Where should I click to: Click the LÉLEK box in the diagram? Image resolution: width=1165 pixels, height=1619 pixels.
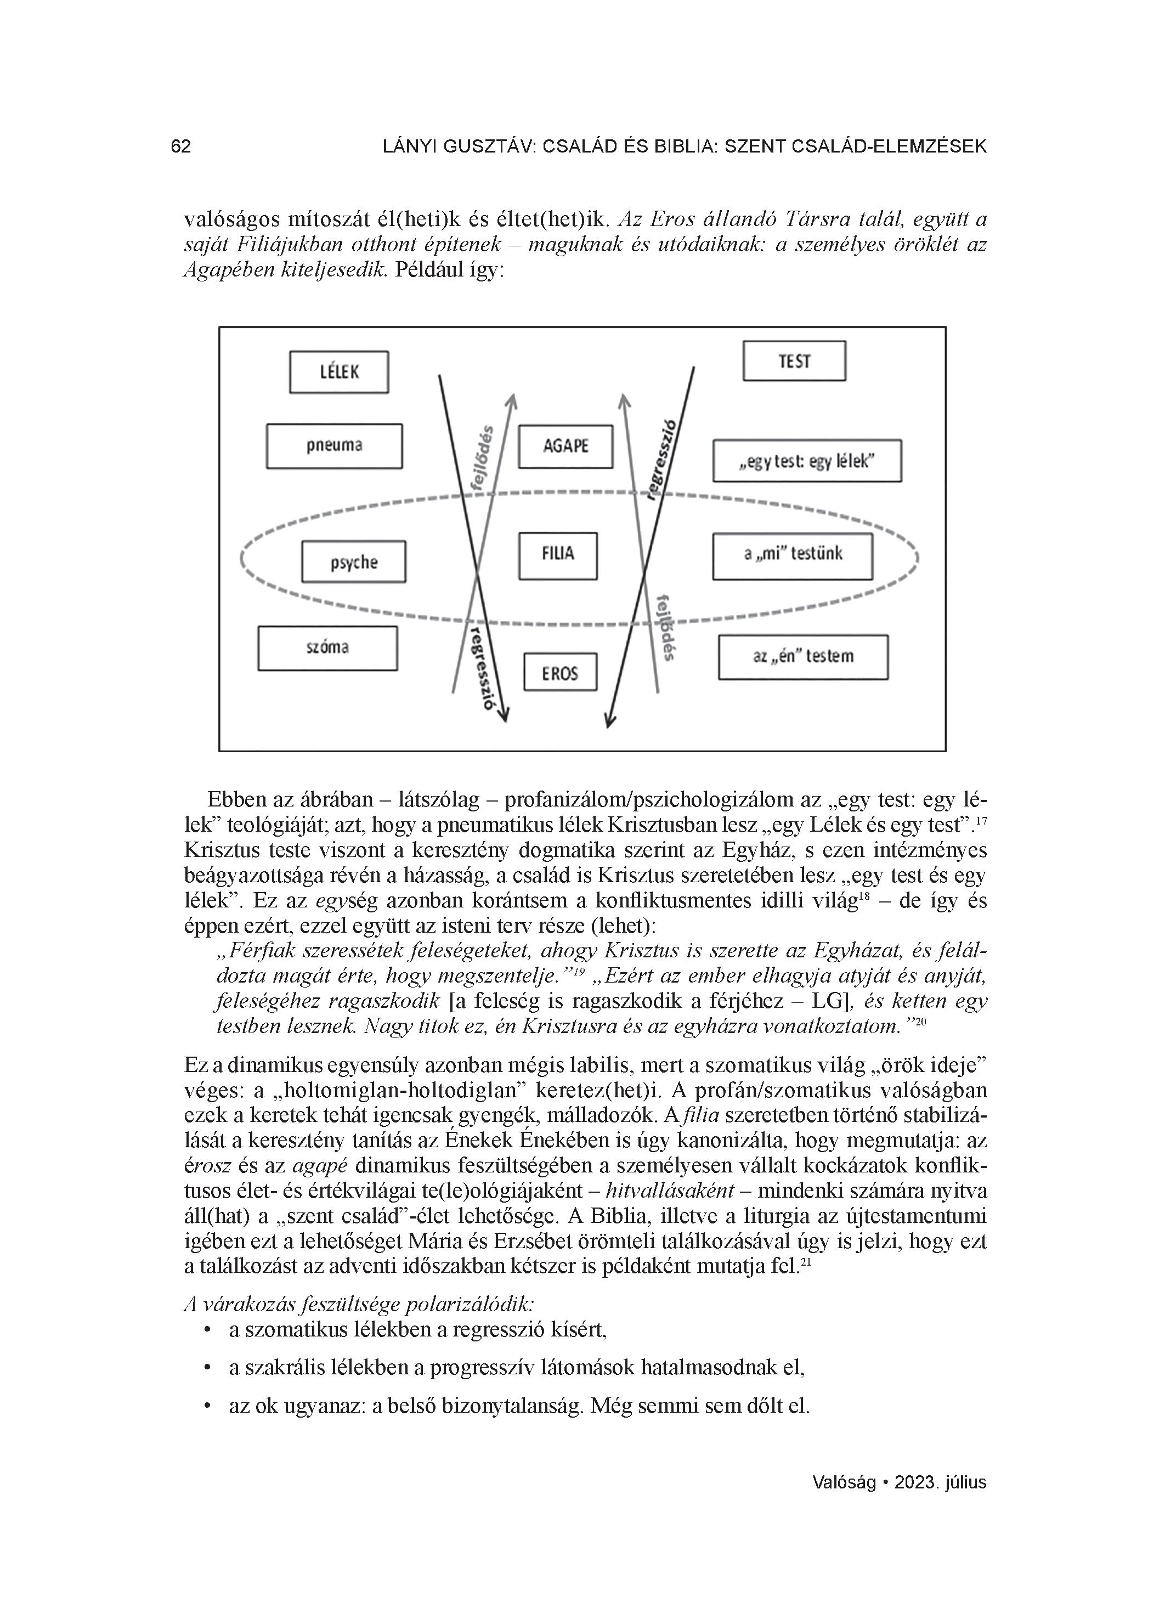pyautogui.click(x=338, y=372)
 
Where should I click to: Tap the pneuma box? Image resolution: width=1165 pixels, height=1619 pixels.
pyautogui.click(x=334, y=446)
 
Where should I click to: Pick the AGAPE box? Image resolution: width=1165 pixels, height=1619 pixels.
pyautogui.click(x=565, y=447)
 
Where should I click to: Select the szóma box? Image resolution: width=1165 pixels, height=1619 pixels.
pyautogui.click(x=327, y=648)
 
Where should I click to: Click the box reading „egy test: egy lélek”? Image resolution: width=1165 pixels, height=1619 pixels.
pyautogui.click(x=807, y=461)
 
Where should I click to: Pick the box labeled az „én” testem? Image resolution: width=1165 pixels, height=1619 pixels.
pyautogui.click(x=803, y=657)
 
